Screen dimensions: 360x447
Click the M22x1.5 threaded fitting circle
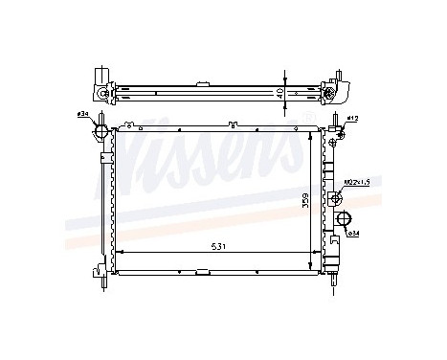pyautogui.click(x=336, y=199)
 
